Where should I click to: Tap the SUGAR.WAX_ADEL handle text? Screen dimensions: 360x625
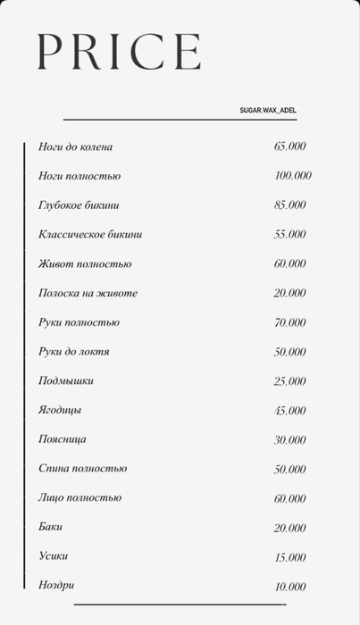[x=268, y=111]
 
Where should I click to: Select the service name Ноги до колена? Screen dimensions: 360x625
[x=76, y=146]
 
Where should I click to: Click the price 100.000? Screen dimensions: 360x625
[x=293, y=176]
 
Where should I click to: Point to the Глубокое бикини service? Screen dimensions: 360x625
[x=79, y=205]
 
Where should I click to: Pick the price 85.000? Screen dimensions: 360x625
[x=290, y=205]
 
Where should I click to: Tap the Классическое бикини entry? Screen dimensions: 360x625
[x=90, y=235]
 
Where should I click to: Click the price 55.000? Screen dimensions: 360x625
[x=290, y=235]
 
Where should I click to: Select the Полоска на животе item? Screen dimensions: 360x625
[x=88, y=293]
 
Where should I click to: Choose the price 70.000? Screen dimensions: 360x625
[x=290, y=322]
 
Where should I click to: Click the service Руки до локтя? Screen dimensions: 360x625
[x=74, y=352]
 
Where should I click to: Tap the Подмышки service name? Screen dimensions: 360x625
[x=66, y=381]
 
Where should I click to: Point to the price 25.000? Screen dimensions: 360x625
[x=290, y=381]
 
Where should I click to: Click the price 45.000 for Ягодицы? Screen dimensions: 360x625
[x=290, y=411]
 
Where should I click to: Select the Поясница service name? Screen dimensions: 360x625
[x=63, y=439]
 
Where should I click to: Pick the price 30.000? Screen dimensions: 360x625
[x=290, y=440]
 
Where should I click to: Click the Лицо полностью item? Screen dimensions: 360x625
[x=80, y=498]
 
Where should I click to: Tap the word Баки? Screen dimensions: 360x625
[x=51, y=528]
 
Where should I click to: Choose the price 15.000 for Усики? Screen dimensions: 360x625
[x=290, y=557]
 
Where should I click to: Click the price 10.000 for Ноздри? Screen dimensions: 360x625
[x=290, y=587]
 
